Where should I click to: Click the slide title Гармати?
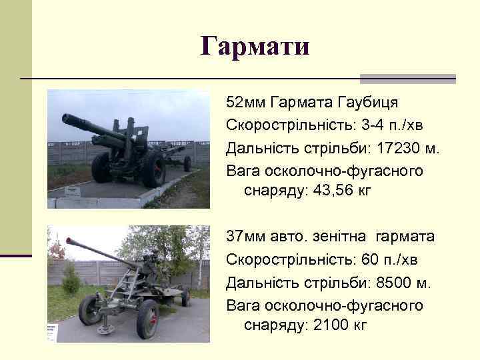tap(255, 47)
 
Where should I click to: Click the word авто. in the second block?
tap(287, 237)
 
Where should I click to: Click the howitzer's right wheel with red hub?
tap(155, 169)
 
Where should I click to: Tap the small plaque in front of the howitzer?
tap(73, 192)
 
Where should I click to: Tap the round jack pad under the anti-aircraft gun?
tap(105, 328)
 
